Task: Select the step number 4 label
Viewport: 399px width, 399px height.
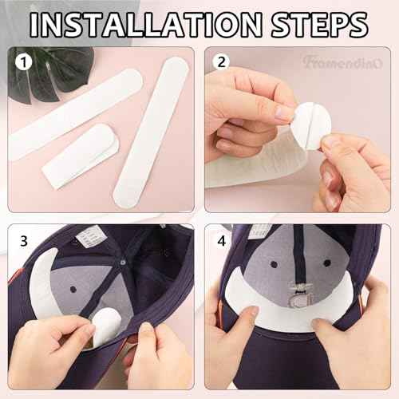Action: pos(220,239)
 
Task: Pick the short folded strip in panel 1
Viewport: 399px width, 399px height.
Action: pos(80,156)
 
